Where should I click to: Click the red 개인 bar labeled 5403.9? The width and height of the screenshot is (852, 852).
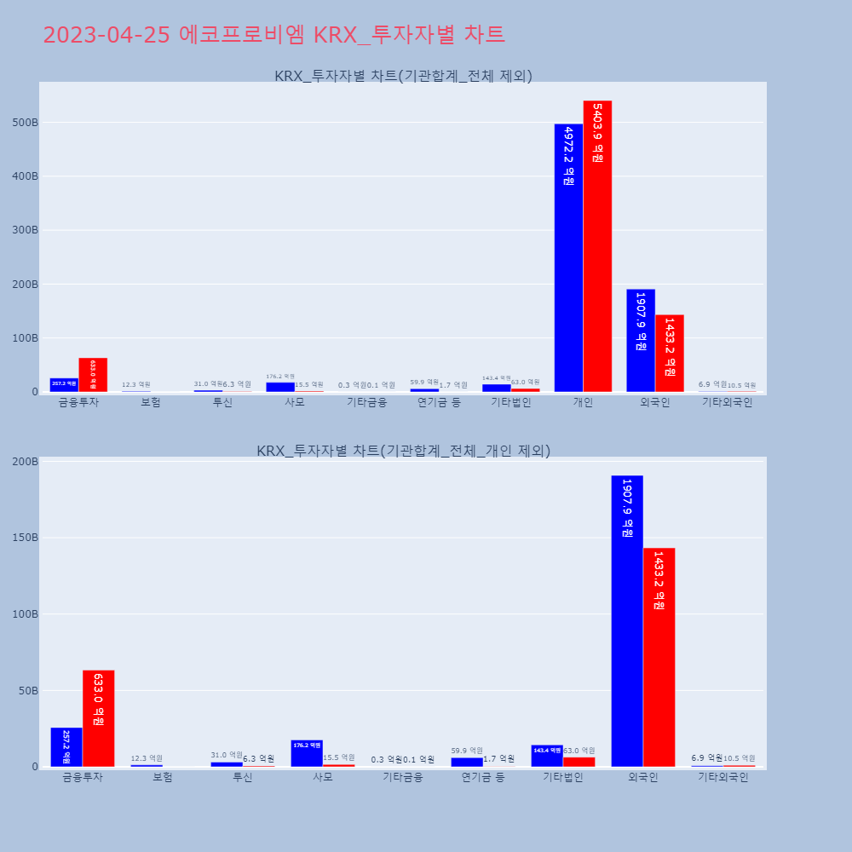pos(597,246)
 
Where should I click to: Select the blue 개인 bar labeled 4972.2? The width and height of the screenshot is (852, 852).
pos(568,257)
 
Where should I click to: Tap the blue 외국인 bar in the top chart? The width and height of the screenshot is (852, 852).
pos(641,340)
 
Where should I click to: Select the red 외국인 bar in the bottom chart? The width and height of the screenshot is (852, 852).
pos(659,657)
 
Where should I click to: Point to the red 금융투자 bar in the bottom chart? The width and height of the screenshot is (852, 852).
pos(99,718)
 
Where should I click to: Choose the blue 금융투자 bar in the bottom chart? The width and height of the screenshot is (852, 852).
pos(66,747)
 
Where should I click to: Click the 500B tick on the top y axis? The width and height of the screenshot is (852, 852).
pos(25,123)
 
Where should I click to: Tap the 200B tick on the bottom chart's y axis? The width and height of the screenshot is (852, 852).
pos(25,462)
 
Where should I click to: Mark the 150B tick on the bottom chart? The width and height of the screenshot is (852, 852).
pos(25,538)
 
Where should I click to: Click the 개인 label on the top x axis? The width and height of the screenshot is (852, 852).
pos(583,403)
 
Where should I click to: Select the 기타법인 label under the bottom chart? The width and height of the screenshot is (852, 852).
pos(563,777)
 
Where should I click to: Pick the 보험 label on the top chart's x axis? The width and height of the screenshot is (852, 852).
pos(151,403)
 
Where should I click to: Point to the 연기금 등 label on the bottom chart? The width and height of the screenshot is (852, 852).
pos(483,777)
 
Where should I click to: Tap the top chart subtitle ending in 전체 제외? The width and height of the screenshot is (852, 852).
pos(403,76)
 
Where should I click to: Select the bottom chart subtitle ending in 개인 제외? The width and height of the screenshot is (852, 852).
pos(403,451)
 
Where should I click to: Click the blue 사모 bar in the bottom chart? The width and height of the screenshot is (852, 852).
pos(307,753)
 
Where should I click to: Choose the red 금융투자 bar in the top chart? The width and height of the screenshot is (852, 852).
pos(93,375)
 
